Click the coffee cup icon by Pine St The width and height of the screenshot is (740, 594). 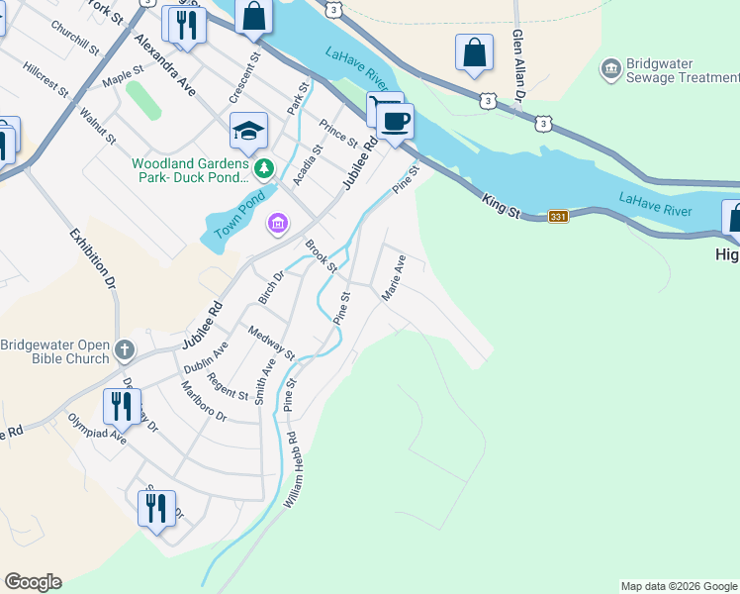tap(396, 122)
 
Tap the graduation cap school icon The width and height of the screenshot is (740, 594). tap(249, 130)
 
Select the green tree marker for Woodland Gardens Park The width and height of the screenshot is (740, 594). tap(263, 167)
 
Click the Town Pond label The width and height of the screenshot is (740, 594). tap(238, 212)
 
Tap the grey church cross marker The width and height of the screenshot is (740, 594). tap(124, 348)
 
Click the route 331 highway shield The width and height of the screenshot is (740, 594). tap(558, 216)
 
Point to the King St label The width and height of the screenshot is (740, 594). tap(502, 202)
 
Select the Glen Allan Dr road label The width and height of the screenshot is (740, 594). tap(516, 64)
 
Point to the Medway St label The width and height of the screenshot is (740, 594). tap(271, 342)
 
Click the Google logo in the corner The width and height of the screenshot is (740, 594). tap(33, 582)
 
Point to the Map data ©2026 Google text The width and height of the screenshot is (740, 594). tap(679, 586)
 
